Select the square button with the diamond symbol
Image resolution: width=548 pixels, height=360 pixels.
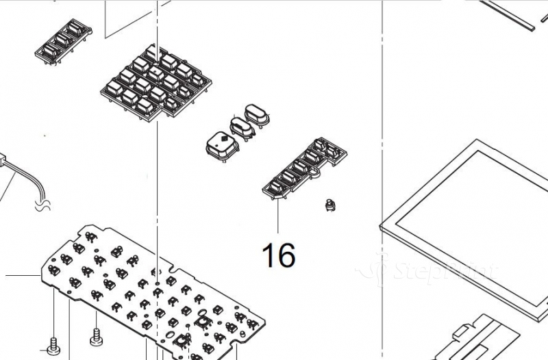pyautogui.click(x=222, y=144)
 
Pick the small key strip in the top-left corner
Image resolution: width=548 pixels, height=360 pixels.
pyautogui.click(x=64, y=42)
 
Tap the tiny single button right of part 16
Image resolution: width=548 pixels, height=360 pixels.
pyautogui.click(x=331, y=204)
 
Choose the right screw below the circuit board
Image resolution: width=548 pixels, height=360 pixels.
pyautogui.click(x=97, y=335)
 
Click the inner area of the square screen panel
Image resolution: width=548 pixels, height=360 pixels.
pyautogui.click(x=473, y=212)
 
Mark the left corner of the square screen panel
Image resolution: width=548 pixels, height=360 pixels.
pyautogui.click(x=383, y=225)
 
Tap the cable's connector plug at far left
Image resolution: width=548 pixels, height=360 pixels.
pyautogui.click(x=3, y=162)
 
